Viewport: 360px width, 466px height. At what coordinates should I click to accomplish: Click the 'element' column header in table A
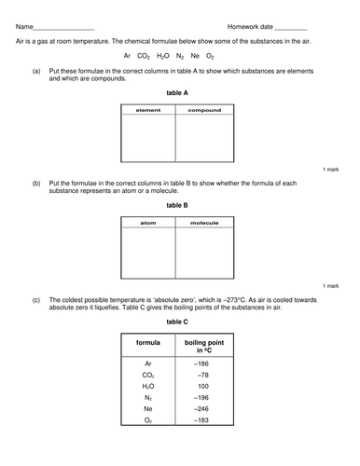(148, 110)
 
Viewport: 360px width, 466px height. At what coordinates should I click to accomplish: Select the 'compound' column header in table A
(204, 110)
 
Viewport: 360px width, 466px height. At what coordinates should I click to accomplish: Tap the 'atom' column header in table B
(147, 224)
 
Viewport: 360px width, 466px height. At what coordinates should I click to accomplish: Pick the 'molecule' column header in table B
(204, 224)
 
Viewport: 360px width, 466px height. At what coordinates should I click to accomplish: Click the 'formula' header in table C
(148, 344)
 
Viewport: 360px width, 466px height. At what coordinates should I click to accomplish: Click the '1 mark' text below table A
(332, 171)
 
